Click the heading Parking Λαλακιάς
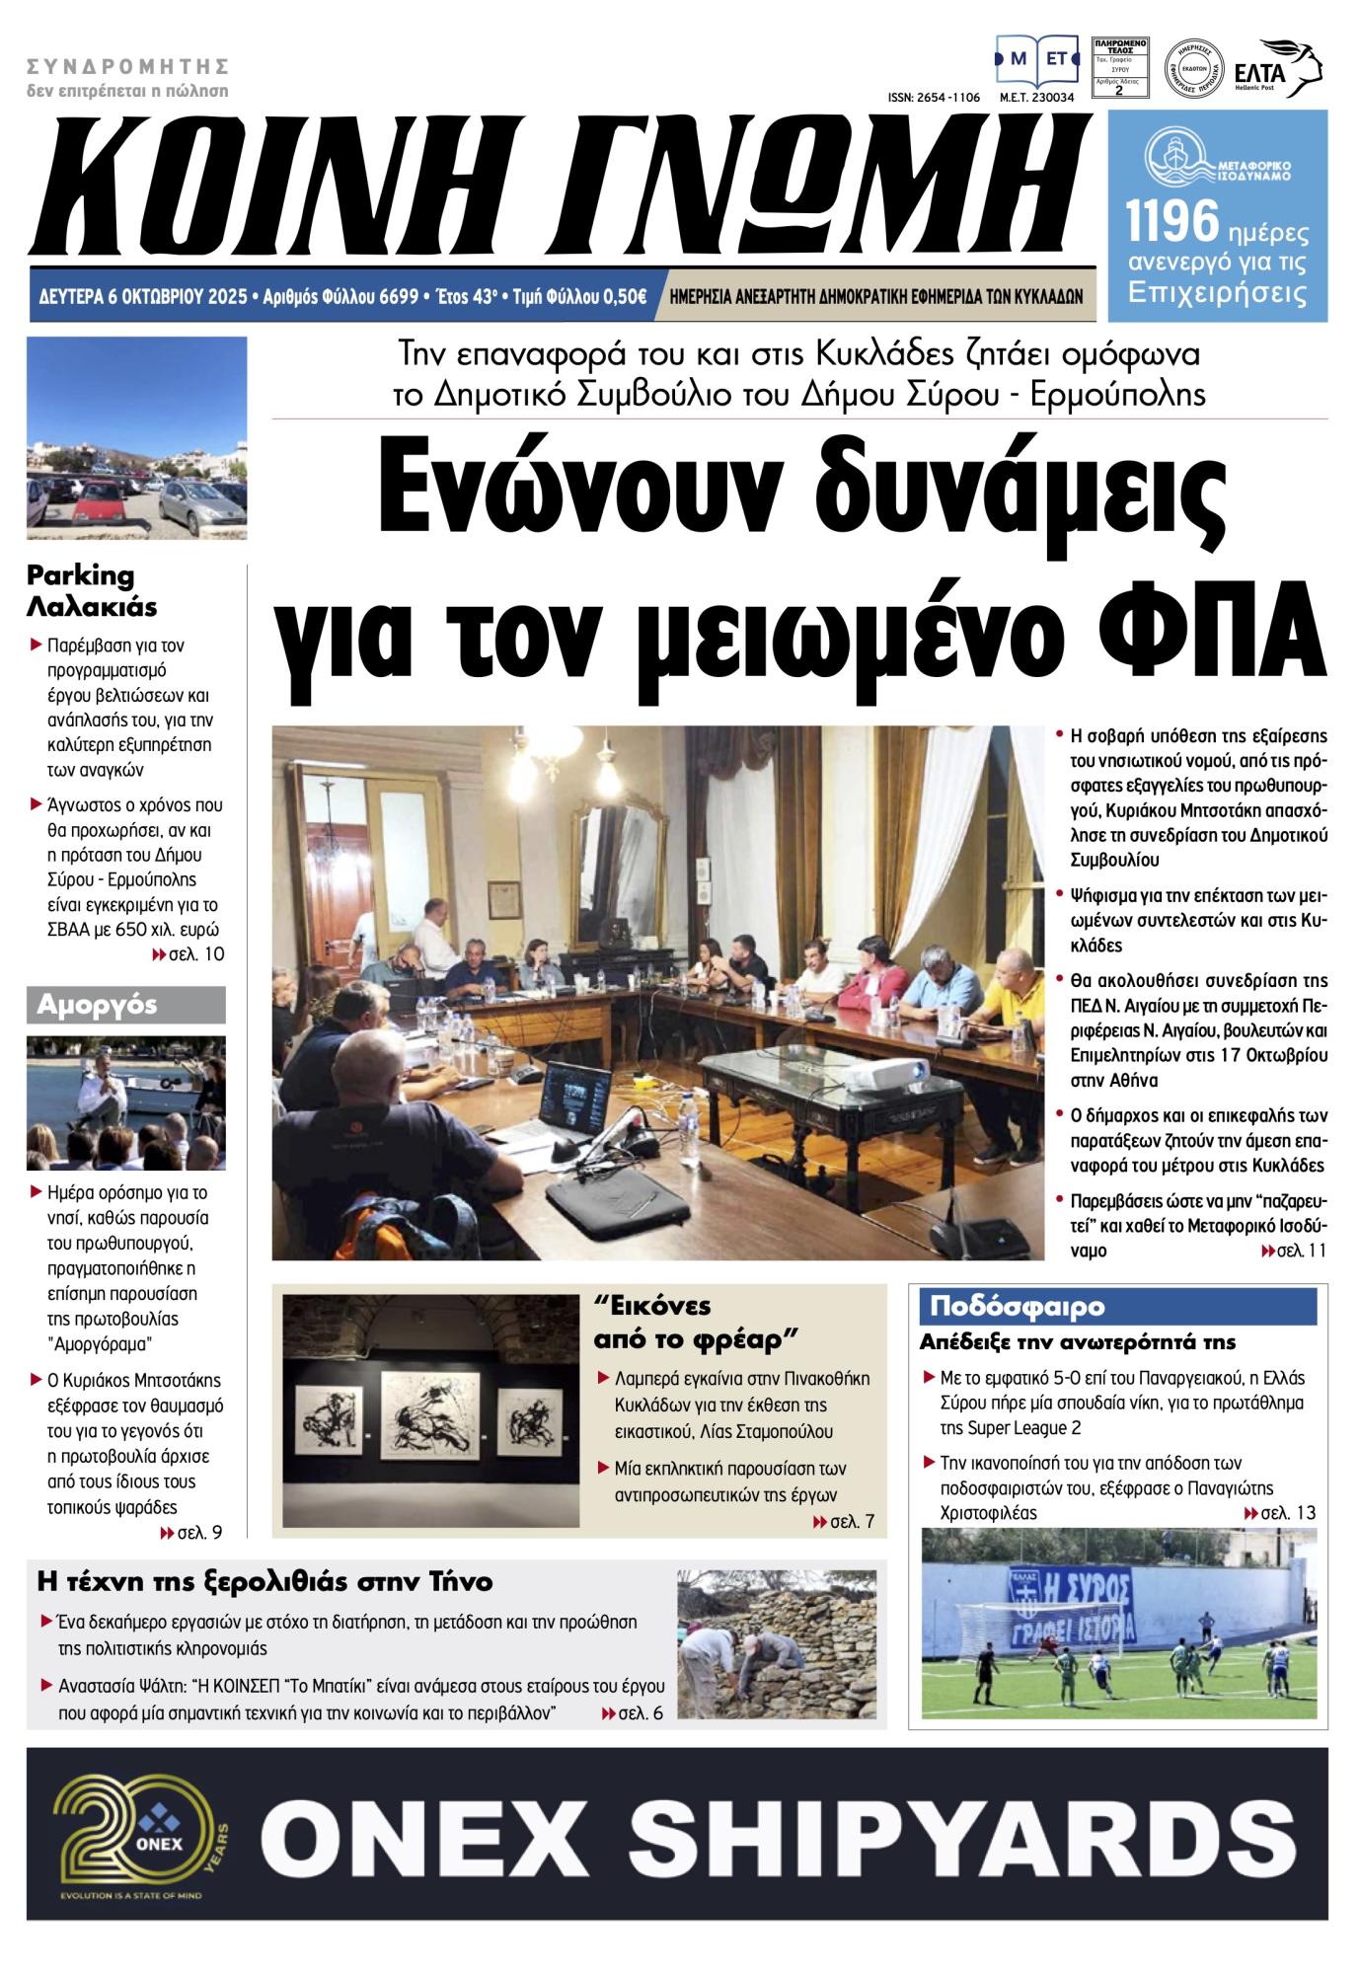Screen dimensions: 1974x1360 [92, 590]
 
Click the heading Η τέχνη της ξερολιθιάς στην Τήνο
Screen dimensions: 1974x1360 [264, 1581]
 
